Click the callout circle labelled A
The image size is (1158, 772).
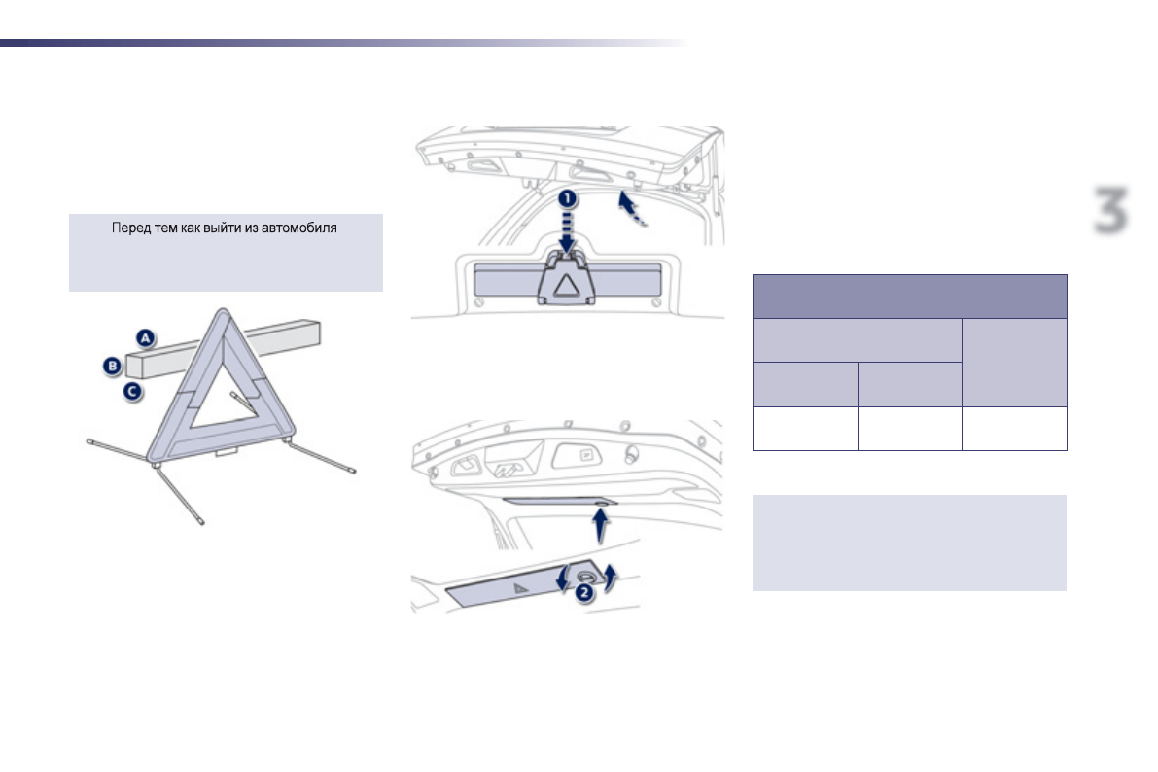(145, 338)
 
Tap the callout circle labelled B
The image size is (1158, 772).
(113, 367)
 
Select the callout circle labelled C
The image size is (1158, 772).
(131, 392)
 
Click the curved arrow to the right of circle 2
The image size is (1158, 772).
(612, 577)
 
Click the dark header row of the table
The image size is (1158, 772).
(910, 296)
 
